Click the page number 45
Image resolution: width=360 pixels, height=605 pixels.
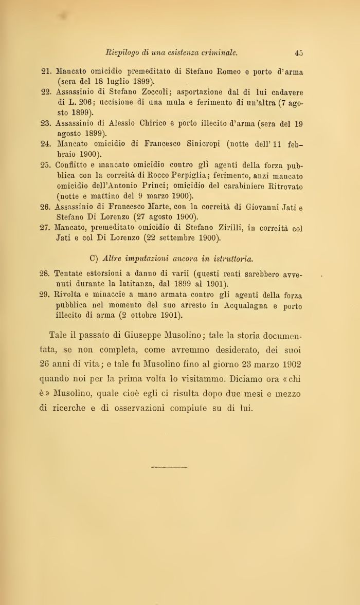(x=299, y=52)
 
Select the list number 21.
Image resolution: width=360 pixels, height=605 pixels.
(x=45, y=72)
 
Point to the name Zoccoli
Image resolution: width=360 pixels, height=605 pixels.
(x=151, y=92)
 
